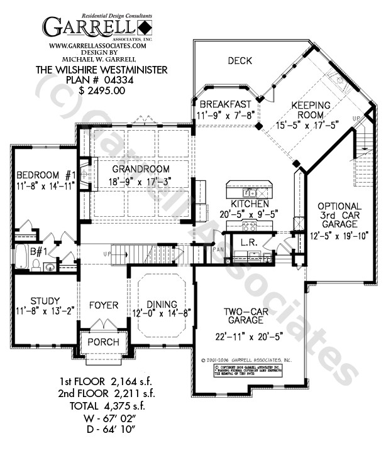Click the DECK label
pos(240,61)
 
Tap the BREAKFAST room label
pos(225,104)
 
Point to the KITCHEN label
pos(250,204)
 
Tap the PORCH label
pos(102,341)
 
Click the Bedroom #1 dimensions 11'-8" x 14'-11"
pos(39,185)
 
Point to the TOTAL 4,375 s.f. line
pos(102,406)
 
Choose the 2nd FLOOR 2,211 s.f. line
pos(102,394)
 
